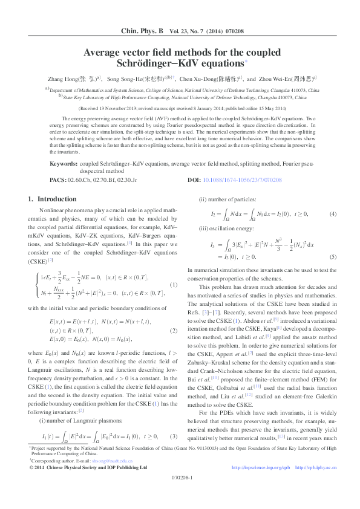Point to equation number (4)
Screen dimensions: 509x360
click(x=333, y=214)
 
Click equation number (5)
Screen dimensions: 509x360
click(x=333, y=256)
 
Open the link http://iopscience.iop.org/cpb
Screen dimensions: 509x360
click(x=261, y=467)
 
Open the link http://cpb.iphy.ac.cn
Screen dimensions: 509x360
click(x=316, y=467)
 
